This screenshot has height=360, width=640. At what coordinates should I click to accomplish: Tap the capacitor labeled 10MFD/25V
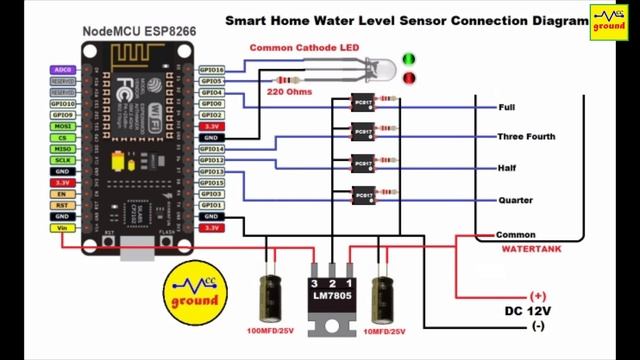(x=382, y=296)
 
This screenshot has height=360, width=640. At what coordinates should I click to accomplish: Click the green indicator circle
(x=409, y=59)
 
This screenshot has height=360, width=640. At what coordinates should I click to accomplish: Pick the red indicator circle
(x=409, y=78)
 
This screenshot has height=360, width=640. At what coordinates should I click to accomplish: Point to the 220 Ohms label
(x=289, y=92)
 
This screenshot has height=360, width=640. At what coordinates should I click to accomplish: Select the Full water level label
(x=506, y=106)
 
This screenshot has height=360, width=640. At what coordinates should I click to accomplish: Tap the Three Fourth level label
(x=526, y=137)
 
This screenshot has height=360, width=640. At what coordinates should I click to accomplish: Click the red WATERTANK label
(x=530, y=246)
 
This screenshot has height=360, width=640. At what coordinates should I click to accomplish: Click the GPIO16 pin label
(x=212, y=70)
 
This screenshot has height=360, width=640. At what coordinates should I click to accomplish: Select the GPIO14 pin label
(x=212, y=149)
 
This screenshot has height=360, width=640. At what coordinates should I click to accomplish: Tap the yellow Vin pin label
(x=62, y=228)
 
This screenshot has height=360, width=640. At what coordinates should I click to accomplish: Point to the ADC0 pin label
(x=62, y=70)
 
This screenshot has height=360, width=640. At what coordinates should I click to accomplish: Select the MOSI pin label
(x=62, y=126)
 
